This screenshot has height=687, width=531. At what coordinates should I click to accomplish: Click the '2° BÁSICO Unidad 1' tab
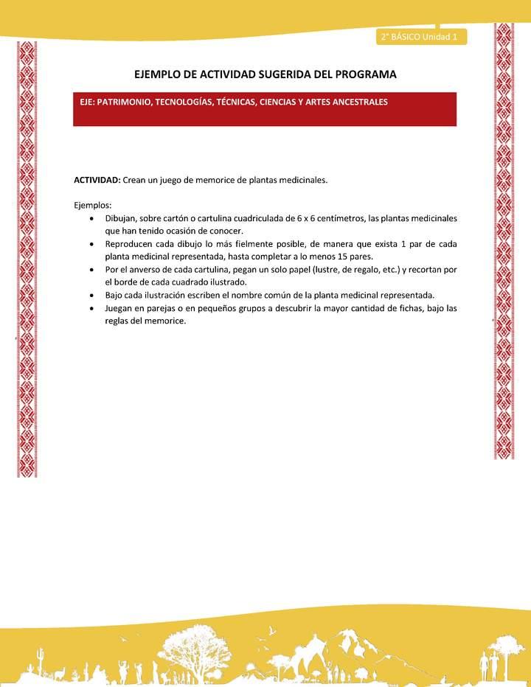(x=419, y=36)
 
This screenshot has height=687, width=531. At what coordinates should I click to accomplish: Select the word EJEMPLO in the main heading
(x=160, y=74)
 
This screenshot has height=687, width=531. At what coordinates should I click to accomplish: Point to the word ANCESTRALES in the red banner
(x=354, y=102)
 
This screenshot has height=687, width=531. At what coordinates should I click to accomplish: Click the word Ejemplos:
(x=93, y=205)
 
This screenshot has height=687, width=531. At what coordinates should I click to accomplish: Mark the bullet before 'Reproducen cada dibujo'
(x=91, y=243)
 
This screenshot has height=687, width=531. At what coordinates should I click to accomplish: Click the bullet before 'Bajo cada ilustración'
(x=91, y=295)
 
